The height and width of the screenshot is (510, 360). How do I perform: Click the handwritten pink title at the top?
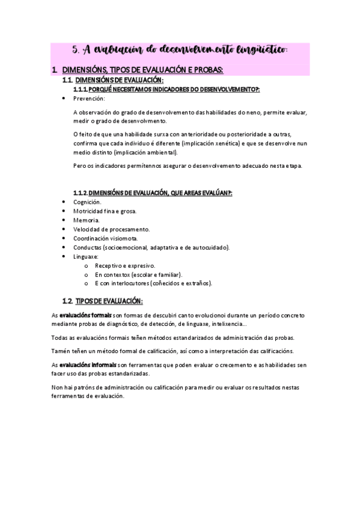pyautogui.click(x=180, y=49)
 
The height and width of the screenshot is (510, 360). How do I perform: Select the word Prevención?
pyautogui.click(x=88, y=98)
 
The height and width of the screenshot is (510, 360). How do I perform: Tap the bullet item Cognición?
pyautogui.click(x=87, y=202)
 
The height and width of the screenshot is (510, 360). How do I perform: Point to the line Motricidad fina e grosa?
pyautogui.click(x=105, y=211)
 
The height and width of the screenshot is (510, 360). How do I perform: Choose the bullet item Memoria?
pyautogui.click(x=87, y=220)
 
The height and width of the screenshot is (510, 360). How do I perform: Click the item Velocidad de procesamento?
pyautogui.click(x=111, y=229)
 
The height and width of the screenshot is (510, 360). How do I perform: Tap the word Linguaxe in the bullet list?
pyautogui.click(x=85, y=256)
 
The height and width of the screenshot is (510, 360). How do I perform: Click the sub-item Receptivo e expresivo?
pyautogui.click(x=125, y=265)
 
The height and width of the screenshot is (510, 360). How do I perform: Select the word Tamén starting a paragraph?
pyautogui.click(x=61, y=351)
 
